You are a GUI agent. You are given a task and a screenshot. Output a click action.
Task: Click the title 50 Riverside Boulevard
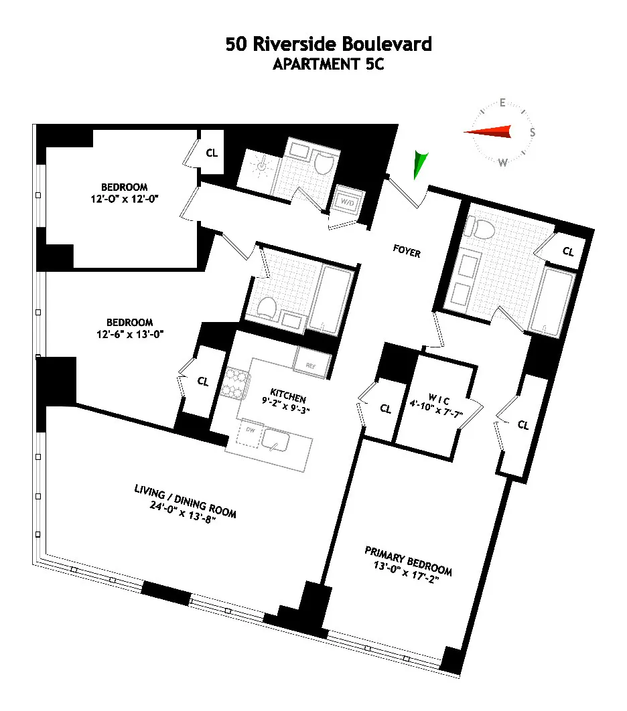point(329,45)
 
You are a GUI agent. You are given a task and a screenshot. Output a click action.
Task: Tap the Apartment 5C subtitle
point(329,65)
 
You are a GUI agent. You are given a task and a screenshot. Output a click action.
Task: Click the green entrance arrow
point(420,164)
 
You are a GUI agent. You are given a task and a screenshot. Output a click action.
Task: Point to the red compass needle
point(488,132)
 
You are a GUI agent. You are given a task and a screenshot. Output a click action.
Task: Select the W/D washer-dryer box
point(348,200)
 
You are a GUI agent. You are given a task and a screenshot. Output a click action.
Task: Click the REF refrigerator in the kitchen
point(311,366)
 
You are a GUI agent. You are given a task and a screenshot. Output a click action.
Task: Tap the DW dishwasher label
point(251,430)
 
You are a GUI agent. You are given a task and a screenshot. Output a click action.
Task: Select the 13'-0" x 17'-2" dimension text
point(408,570)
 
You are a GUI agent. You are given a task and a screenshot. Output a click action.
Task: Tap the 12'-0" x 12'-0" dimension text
point(124,199)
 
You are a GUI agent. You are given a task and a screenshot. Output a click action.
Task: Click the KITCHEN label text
point(287,392)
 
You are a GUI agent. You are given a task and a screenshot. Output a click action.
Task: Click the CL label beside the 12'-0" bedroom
point(212,153)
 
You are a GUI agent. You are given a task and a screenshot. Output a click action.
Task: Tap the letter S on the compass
point(533,133)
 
